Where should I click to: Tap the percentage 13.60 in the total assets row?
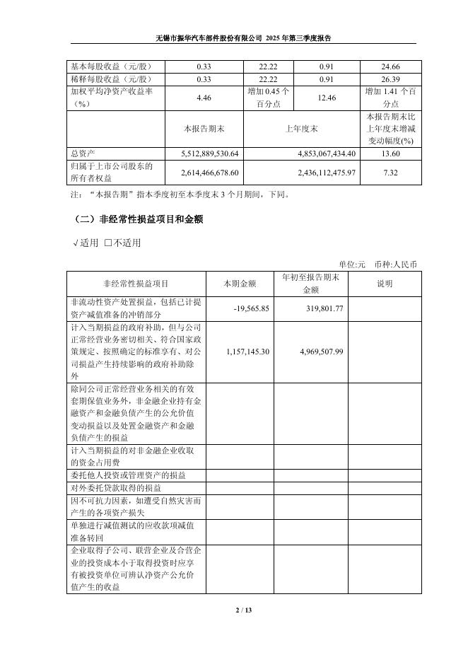(x=390, y=153)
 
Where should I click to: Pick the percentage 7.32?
(x=390, y=172)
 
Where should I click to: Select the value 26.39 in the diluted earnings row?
(x=390, y=79)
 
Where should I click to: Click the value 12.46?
(x=322, y=97)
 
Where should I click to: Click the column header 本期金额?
(x=241, y=284)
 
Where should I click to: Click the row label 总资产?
(x=83, y=153)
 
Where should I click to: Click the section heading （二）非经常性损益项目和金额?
(x=137, y=220)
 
